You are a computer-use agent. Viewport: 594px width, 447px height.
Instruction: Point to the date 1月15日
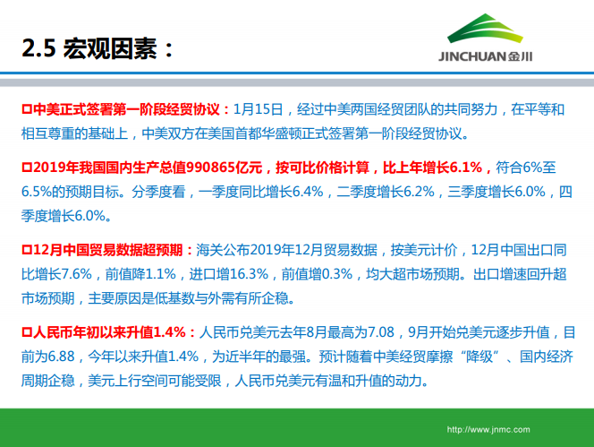(x=258, y=110)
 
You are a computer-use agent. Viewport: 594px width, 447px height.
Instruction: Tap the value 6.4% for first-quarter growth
(x=301, y=191)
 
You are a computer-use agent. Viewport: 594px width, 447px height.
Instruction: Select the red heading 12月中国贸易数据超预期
(x=106, y=249)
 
